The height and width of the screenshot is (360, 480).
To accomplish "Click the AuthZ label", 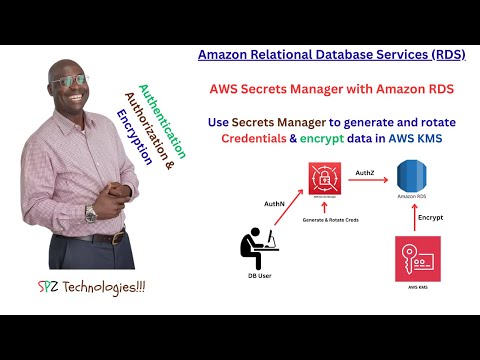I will point(365,173).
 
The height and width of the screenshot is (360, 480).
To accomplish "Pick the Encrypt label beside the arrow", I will point(431,215).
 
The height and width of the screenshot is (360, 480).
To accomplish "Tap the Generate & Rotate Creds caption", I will point(326,217).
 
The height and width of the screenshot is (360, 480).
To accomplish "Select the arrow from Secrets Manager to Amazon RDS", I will point(366,184).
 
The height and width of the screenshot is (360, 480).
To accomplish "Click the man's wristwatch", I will point(91,212).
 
